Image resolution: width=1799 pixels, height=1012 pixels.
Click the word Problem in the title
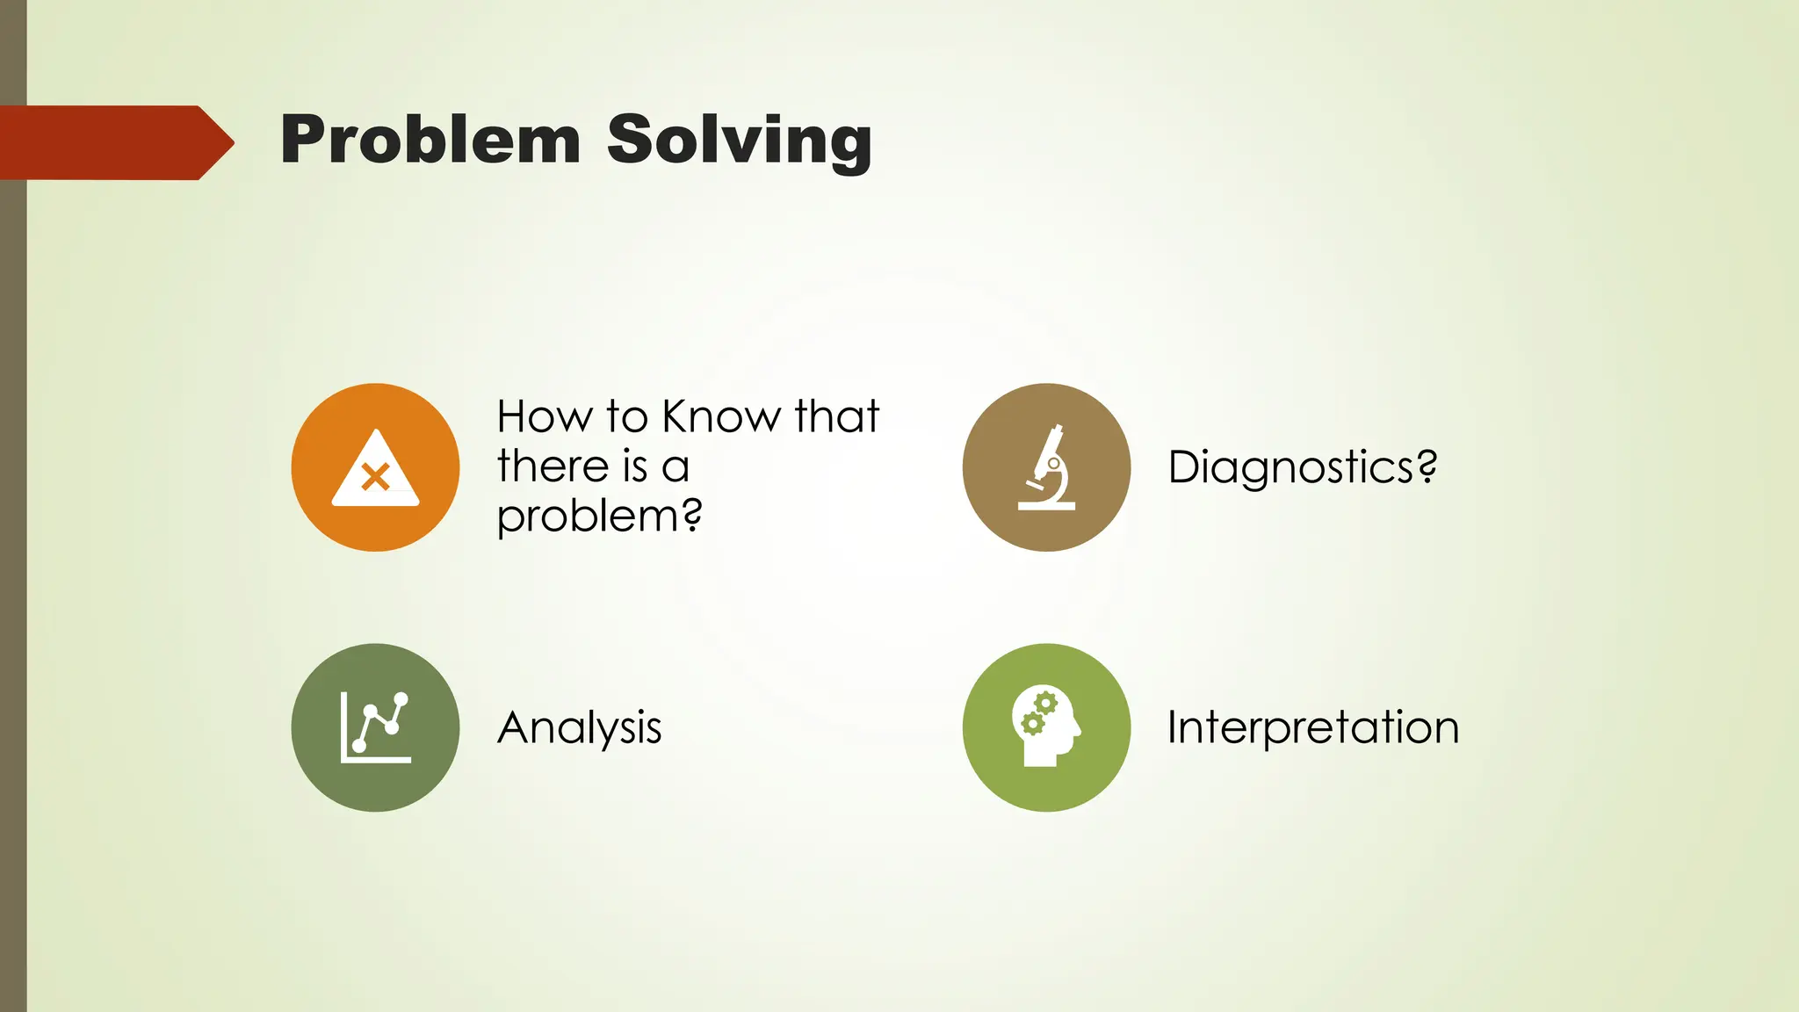tap(430, 141)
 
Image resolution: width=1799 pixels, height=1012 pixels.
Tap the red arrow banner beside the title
tap(114, 142)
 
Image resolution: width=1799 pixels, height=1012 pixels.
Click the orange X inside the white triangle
tap(375, 478)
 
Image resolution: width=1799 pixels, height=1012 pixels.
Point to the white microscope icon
tap(1047, 467)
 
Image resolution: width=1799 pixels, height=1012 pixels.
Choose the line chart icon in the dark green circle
tap(375, 726)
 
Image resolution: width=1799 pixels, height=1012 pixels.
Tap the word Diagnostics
tap(1290, 466)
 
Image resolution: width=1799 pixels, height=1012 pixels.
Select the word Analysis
tap(579, 727)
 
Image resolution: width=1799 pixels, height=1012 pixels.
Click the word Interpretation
tap(1312, 727)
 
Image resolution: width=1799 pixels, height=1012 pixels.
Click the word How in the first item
tap(545, 416)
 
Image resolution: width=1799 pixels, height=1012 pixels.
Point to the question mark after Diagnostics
tap(1427, 466)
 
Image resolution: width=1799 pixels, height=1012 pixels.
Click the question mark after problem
tap(692, 515)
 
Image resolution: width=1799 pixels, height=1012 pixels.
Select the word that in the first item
tap(835, 416)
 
